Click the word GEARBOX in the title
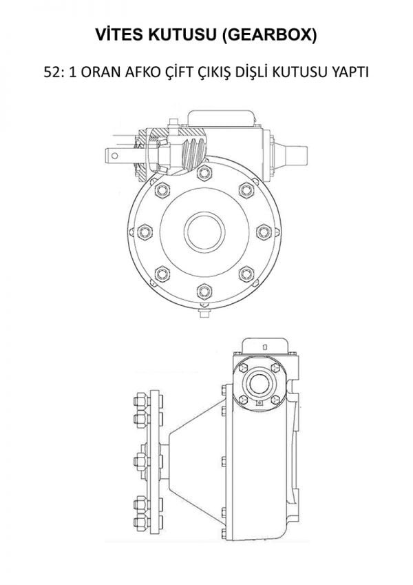[x=268, y=34]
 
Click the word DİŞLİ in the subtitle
[x=252, y=71]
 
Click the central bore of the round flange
[x=204, y=232]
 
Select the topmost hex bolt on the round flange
[x=204, y=173]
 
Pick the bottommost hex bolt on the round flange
[x=204, y=291]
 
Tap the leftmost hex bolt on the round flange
[x=145, y=232]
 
